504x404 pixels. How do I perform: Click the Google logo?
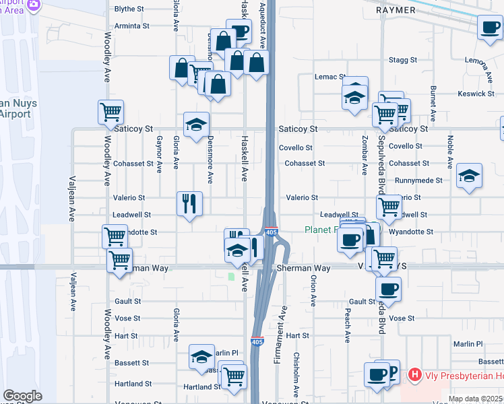(x=22, y=395)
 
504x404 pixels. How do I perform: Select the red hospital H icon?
(x=415, y=374)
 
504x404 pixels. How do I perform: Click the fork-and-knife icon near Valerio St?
(x=189, y=203)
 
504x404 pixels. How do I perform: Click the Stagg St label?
(x=404, y=60)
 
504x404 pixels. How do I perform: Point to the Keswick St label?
(x=476, y=94)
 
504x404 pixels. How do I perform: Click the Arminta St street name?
(x=131, y=26)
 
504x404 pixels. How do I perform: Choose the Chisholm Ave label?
(x=296, y=374)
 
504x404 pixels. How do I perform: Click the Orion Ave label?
(x=313, y=291)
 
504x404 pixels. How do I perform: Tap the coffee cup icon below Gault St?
(x=388, y=289)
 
